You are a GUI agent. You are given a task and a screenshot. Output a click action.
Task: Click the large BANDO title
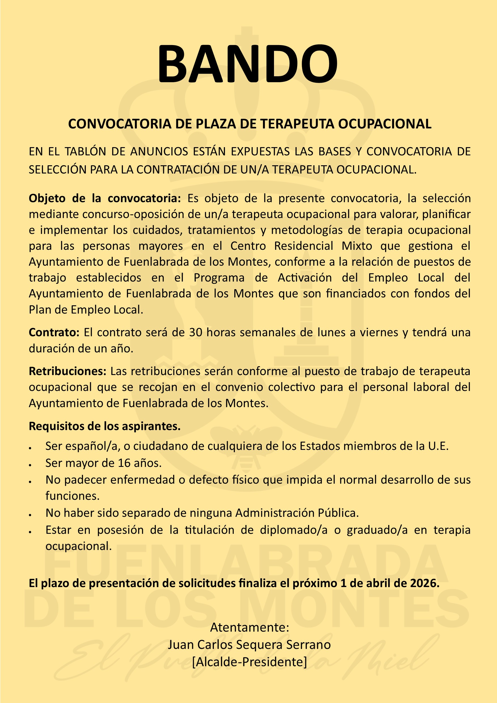tap(248, 63)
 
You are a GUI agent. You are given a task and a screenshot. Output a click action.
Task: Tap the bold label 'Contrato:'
tap(54, 332)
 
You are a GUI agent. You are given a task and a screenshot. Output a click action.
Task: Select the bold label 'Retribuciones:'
tap(67, 371)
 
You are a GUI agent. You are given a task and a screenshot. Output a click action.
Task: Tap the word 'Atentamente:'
tap(249, 627)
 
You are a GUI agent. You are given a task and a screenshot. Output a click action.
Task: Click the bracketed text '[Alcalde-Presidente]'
tap(249, 662)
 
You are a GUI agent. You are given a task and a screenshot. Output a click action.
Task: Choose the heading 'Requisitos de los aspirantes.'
tap(105, 426)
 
